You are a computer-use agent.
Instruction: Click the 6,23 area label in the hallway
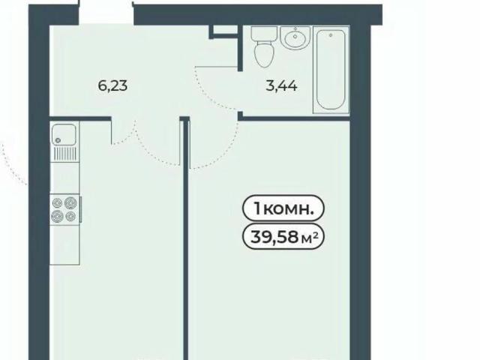point(112,85)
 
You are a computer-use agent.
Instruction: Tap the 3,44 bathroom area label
point(281,85)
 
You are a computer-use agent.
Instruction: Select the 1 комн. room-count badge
point(283,208)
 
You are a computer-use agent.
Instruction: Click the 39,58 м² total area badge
point(283,236)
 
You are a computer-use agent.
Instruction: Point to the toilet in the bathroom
point(264,47)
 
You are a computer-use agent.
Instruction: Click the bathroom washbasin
point(295,38)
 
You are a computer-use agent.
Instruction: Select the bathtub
point(331,70)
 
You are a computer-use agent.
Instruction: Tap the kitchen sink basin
point(64,134)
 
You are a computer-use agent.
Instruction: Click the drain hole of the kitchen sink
point(58,140)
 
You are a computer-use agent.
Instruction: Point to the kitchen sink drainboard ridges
point(65,153)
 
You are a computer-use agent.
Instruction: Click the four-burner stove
point(64,208)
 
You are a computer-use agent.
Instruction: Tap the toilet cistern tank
point(264,33)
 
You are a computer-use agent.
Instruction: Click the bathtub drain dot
point(331,35)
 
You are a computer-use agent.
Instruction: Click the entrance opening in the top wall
point(106,12)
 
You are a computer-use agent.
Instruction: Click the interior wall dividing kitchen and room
point(185,238)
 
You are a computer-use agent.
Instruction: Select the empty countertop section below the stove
point(64,244)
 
